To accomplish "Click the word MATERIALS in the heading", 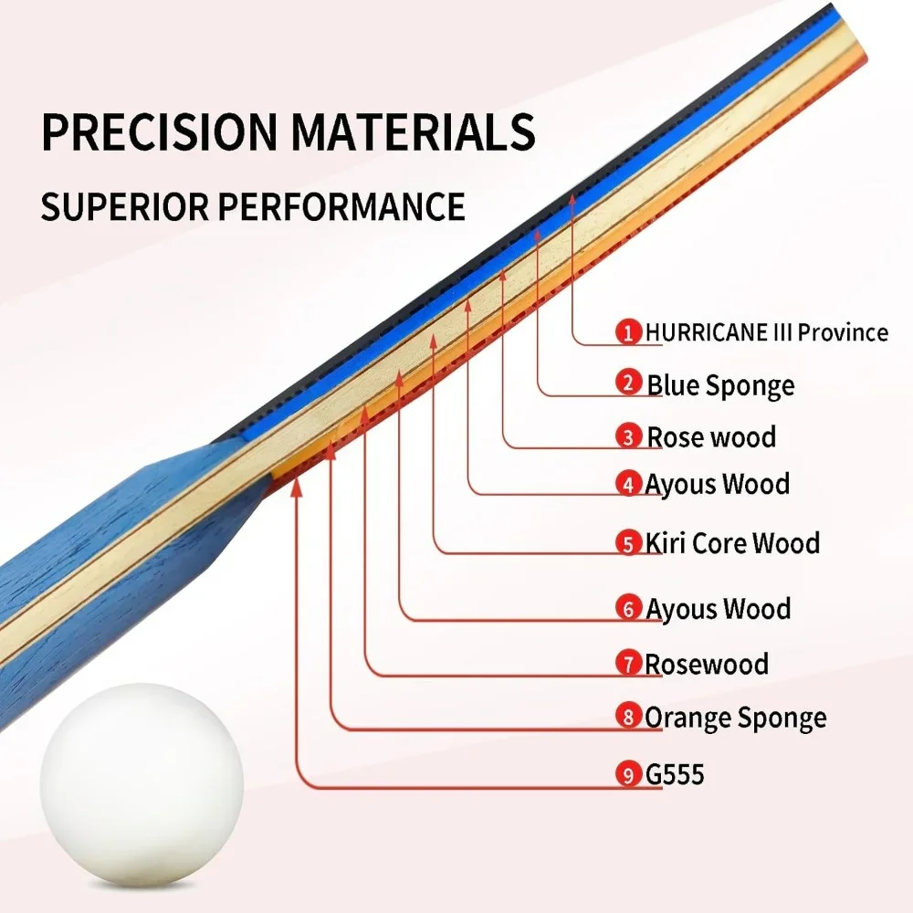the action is [413, 132].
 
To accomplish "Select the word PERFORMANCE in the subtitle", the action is [341, 206].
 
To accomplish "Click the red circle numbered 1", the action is [628, 332].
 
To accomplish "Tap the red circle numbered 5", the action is [628, 543].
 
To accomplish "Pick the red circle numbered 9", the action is [628, 774].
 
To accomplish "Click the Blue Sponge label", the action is [721, 385].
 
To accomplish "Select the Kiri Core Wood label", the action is [732, 543].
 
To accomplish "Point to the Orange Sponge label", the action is [735, 718].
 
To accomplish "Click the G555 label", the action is [675, 774].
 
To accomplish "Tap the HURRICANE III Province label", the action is [767, 332].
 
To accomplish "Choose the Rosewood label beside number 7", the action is [707, 664].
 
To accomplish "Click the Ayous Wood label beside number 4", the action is [718, 485].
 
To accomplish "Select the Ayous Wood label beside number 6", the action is [718, 609].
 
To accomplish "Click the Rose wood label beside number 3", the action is [711, 437].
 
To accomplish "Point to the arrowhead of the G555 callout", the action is [297, 488].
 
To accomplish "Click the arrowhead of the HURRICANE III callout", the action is [572, 201].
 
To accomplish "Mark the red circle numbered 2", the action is [628, 383].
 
